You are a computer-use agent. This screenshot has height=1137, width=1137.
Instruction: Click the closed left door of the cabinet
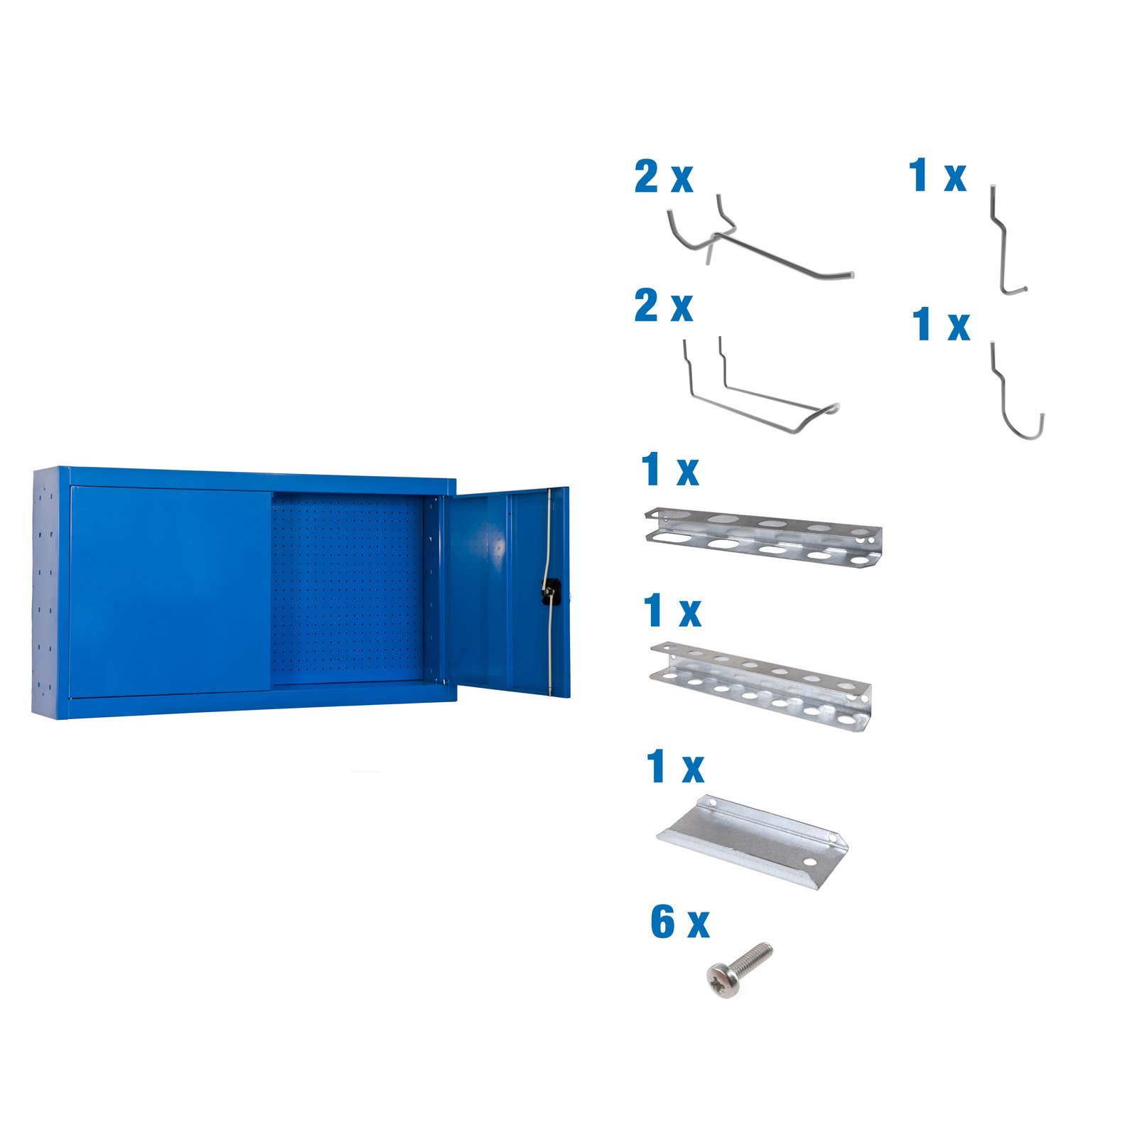pos(171,590)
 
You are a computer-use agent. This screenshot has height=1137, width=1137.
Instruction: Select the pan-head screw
pos(738,970)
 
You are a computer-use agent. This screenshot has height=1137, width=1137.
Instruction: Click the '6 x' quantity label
pos(679,922)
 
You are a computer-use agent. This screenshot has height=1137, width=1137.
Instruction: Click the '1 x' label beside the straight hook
pos(937,176)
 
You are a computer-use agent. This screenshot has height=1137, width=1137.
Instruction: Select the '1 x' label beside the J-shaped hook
pos(941,323)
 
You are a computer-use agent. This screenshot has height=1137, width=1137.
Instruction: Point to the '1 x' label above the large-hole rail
pos(669,470)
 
